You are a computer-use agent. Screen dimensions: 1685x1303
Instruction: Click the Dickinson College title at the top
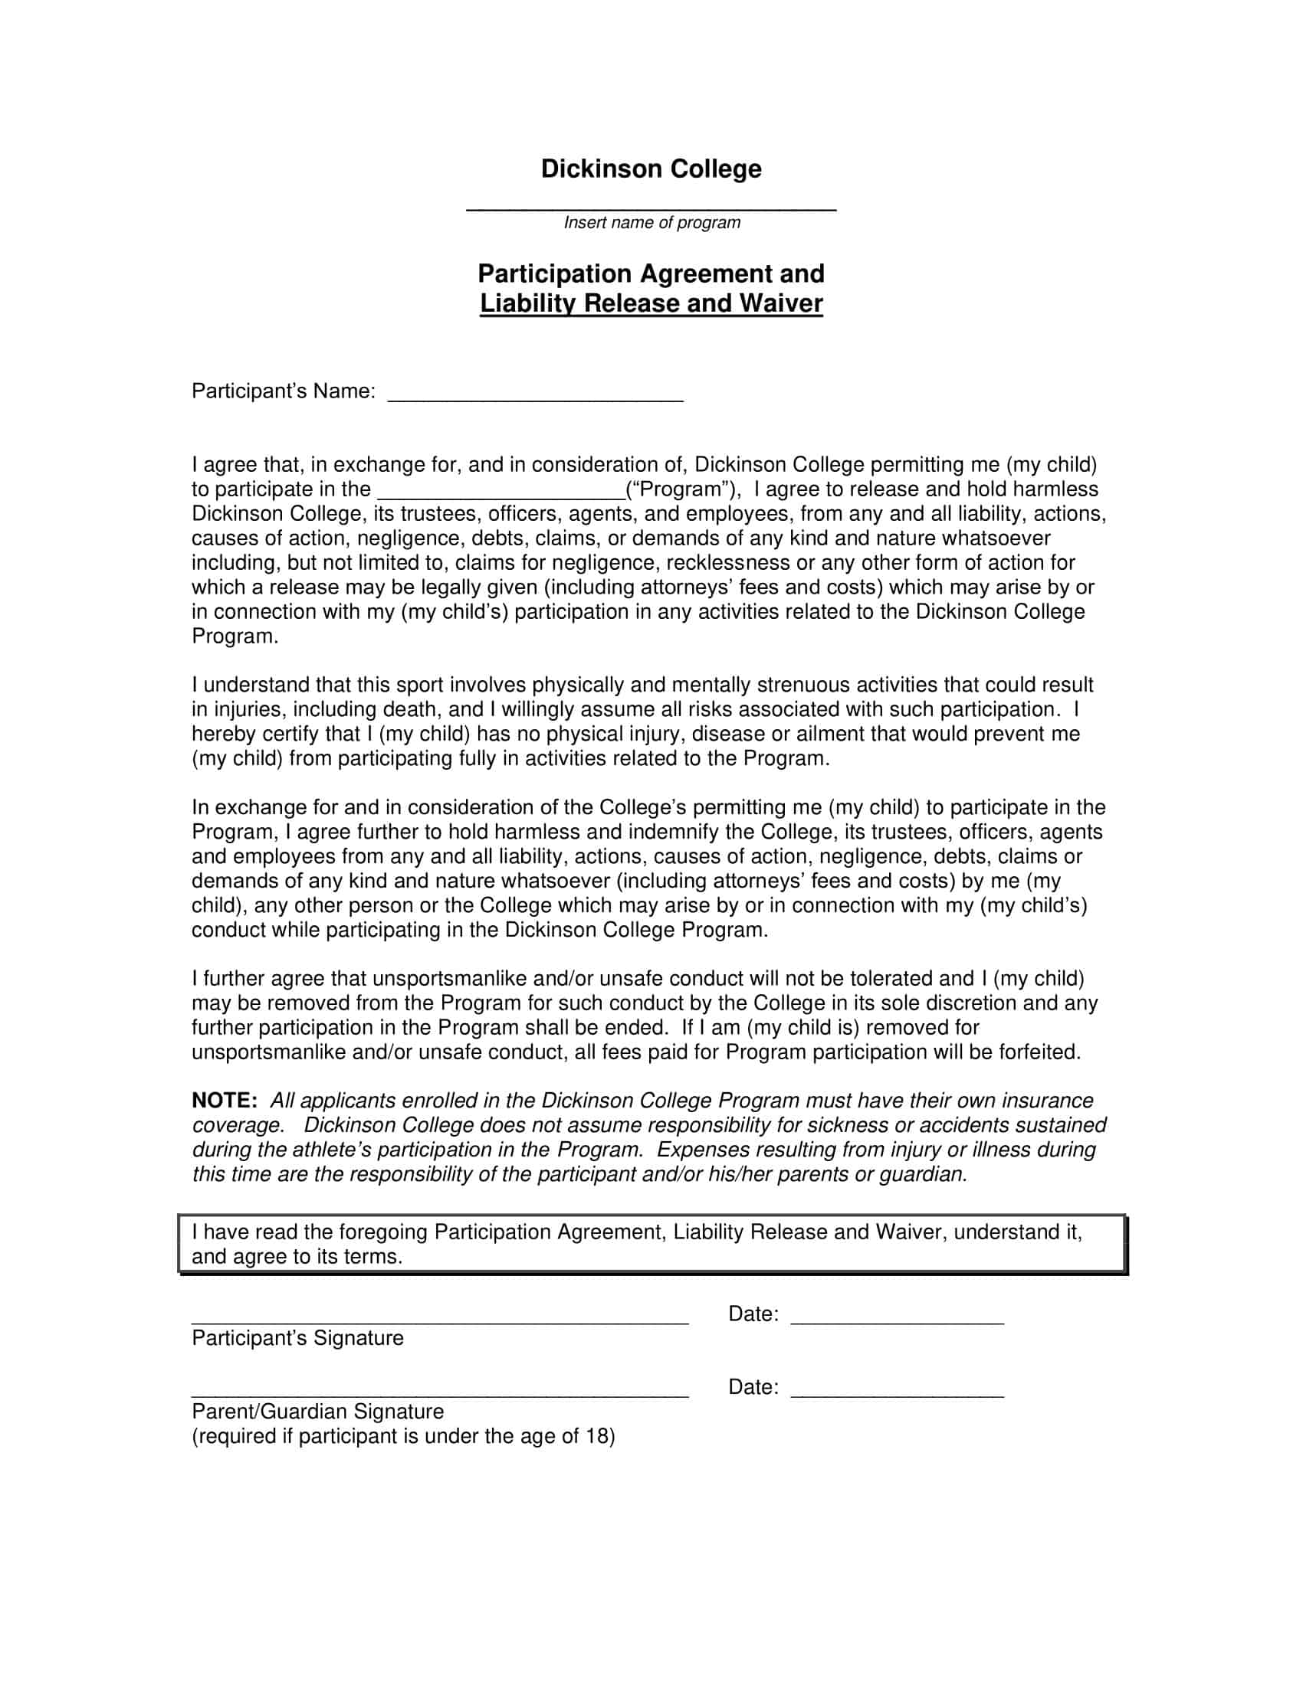pos(651,169)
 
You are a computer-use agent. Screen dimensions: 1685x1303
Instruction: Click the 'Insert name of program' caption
pos(651,223)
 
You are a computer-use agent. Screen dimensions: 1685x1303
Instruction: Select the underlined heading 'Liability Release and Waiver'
pos(651,303)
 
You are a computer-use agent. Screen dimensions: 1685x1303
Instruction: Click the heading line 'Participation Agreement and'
pos(651,274)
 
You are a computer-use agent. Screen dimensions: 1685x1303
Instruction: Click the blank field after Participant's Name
pos(535,398)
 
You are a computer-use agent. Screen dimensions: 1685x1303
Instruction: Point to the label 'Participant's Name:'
pos(284,392)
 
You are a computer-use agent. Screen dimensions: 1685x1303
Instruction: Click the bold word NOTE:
pos(224,1101)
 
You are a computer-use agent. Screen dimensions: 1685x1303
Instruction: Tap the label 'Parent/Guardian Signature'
pos(317,1412)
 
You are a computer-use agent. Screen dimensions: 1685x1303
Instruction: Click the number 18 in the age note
pos(596,1437)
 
